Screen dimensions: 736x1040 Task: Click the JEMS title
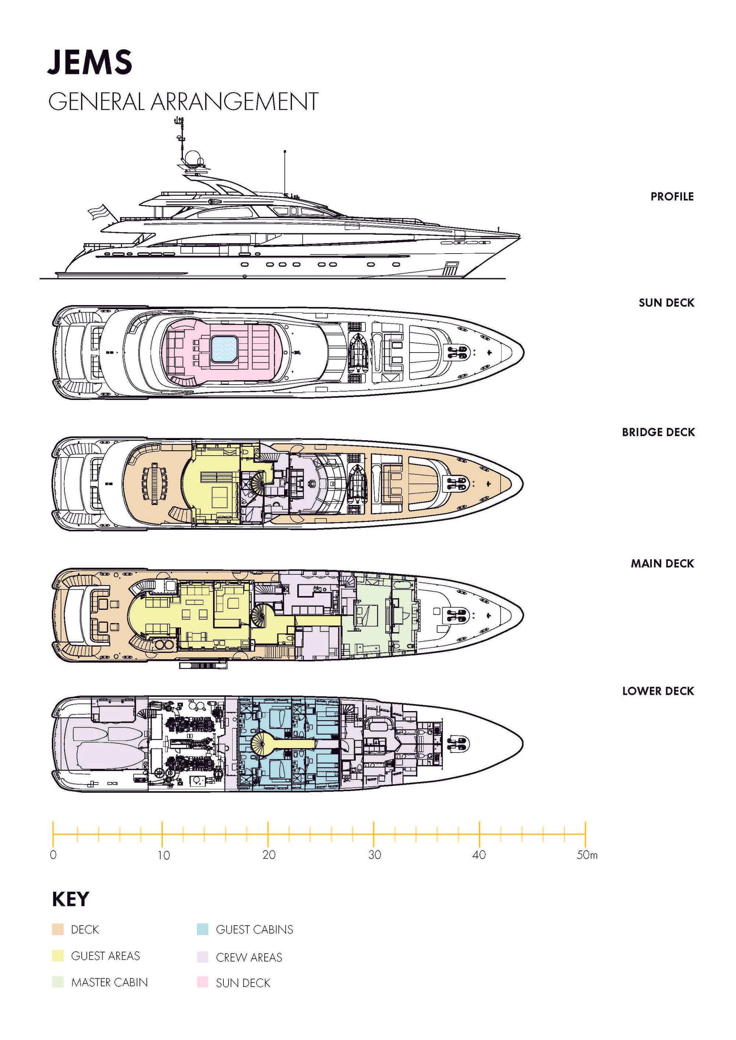point(90,62)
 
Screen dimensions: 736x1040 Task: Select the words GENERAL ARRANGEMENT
point(184,102)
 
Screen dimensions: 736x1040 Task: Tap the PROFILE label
point(672,197)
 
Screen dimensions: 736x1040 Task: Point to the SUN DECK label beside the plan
point(666,303)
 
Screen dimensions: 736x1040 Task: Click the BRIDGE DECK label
point(658,432)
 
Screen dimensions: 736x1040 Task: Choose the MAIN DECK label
point(662,564)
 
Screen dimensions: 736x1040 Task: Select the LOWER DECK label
point(658,691)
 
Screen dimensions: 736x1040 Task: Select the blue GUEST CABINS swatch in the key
point(202,930)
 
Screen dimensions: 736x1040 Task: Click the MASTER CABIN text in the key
point(110,983)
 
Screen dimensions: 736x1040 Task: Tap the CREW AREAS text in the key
point(249,958)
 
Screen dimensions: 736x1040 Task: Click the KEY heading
point(71,899)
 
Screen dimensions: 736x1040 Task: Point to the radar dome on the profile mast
point(192,159)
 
